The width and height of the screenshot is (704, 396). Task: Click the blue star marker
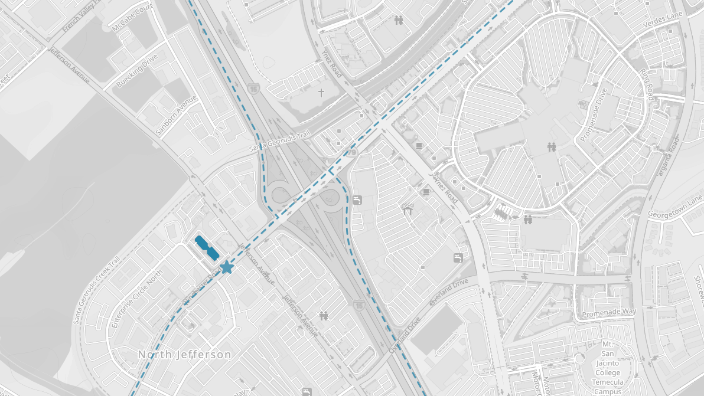[x=226, y=267]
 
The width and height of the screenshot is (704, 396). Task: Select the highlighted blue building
[x=207, y=248]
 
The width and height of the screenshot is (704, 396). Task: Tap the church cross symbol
[x=322, y=93]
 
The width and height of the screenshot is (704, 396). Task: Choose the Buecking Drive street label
[x=137, y=71]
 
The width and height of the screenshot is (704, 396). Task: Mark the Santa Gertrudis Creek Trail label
[x=97, y=290]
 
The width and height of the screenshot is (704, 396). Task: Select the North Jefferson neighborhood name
[x=184, y=355]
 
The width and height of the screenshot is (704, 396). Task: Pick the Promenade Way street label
[x=609, y=312]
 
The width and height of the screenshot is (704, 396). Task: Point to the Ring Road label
[x=648, y=84]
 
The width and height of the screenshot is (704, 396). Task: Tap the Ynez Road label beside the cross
[x=332, y=63]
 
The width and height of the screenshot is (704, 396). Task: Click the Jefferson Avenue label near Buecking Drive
[x=70, y=66]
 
